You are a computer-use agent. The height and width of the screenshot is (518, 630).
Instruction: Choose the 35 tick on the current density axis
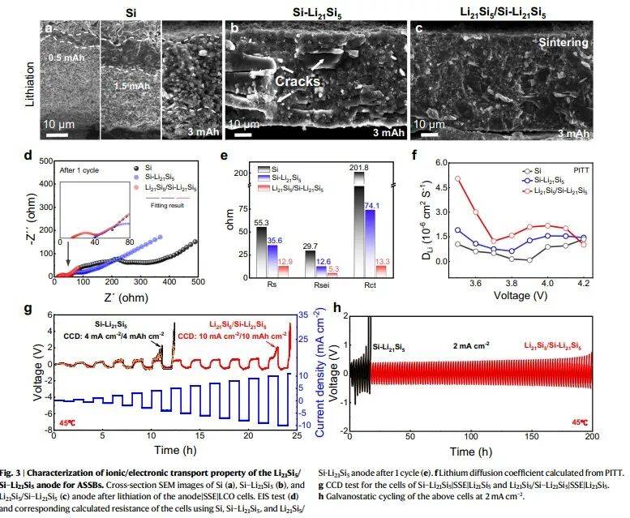300,315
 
